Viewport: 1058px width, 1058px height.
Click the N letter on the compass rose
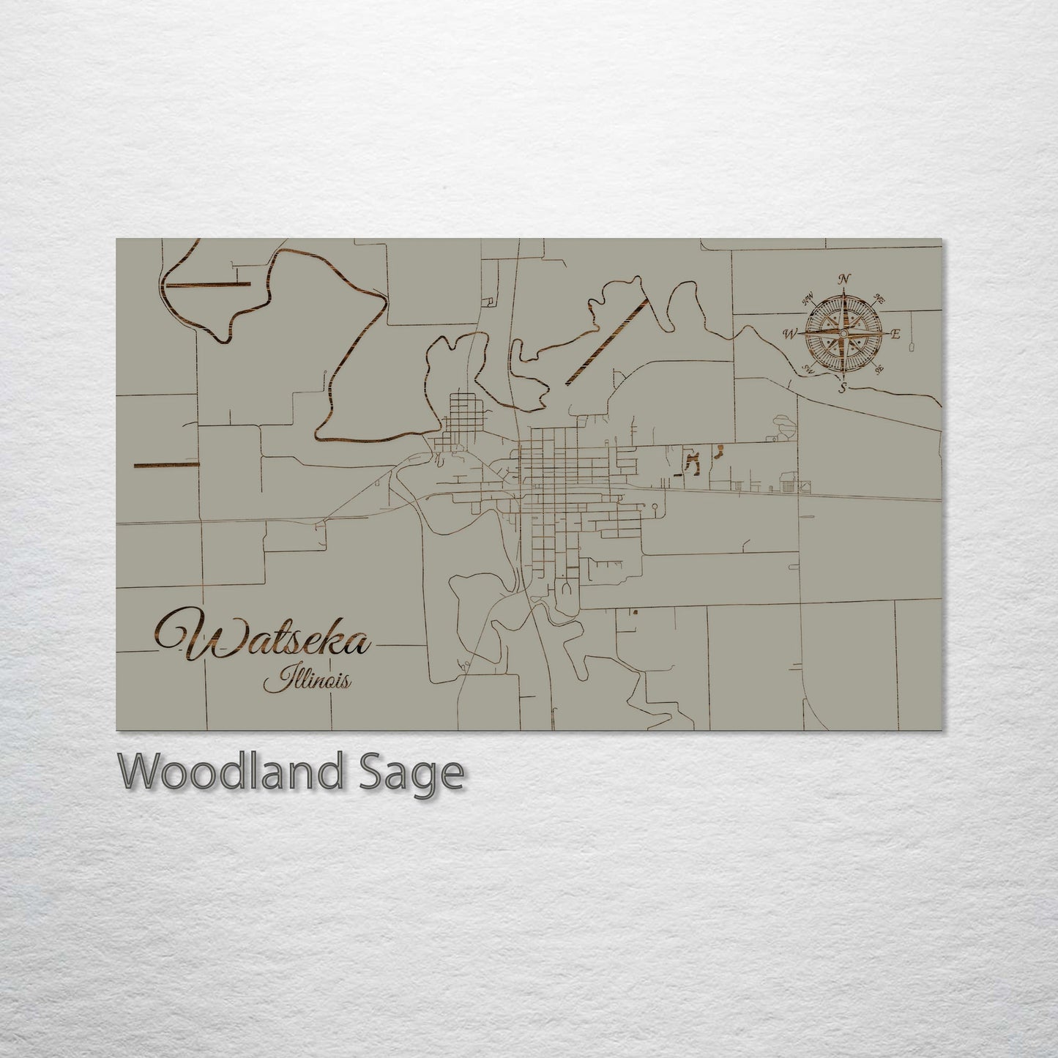pyautogui.click(x=846, y=279)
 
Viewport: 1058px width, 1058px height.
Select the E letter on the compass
pyautogui.click(x=895, y=335)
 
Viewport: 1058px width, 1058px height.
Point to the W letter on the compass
pyautogui.click(x=790, y=334)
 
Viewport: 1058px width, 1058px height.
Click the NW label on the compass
pyautogui.click(x=809, y=299)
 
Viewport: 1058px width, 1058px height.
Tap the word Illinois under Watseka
pyautogui.click(x=308, y=682)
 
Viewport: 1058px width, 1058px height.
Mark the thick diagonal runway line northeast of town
pyautogui.click(x=608, y=340)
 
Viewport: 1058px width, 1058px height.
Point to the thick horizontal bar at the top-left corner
pyautogui.click(x=208, y=283)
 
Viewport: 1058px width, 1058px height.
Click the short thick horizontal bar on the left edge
pyautogui.click(x=166, y=464)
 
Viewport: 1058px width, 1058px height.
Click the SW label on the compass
pyautogui.click(x=810, y=368)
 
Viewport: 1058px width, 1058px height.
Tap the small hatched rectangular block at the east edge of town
pyautogui.click(x=788, y=481)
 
